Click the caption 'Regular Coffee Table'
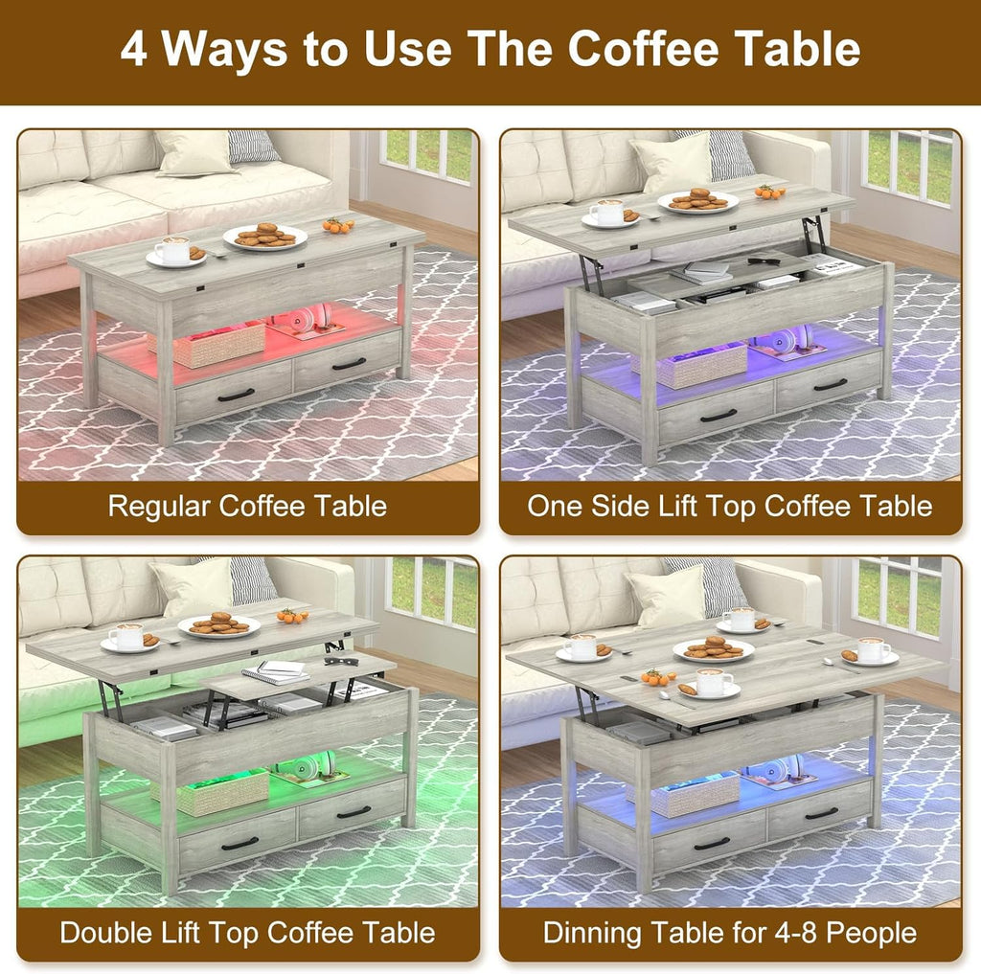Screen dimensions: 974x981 point(247,506)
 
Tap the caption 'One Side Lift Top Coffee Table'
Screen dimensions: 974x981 point(729,506)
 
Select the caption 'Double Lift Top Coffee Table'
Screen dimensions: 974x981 point(247,932)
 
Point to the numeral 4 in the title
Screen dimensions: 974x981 point(134,49)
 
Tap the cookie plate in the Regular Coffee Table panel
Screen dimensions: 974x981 point(265,236)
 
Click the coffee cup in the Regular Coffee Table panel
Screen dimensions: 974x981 point(173,251)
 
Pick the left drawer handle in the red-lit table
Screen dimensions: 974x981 point(236,395)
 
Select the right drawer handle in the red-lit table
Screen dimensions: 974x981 point(349,364)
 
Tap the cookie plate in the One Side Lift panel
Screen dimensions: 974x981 point(698,200)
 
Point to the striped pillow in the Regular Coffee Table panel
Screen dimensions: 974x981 point(253,146)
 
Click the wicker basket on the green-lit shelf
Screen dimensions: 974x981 point(224,792)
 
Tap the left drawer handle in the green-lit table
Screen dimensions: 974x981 point(239,843)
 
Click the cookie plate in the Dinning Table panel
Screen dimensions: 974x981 point(713,649)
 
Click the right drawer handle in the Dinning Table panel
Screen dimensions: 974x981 point(820,813)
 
